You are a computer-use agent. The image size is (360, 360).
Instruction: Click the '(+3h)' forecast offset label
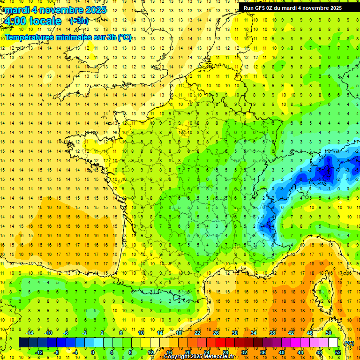click(x=78, y=21)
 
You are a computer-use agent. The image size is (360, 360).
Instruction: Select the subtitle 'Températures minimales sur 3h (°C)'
click(x=68, y=37)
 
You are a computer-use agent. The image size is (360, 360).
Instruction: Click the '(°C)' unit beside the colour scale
click(x=348, y=343)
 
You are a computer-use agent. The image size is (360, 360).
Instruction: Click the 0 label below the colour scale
click(x=92, y=352)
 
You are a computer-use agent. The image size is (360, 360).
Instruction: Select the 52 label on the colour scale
click(x=337, y=352)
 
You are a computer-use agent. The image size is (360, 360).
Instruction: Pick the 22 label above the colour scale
click(x=197, y=333)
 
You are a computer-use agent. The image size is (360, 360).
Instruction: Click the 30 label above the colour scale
click(x=235, y=333)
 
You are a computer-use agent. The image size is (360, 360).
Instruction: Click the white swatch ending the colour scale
click(x=333, y=343)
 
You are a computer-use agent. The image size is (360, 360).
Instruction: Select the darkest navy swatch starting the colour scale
click(x=23, y=343)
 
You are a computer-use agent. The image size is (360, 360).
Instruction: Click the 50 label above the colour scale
click(x=329, y=333)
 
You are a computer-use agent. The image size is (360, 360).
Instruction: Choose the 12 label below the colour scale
click(x=150, y=352)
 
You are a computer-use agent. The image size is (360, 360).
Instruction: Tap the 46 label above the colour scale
click(x=310, y=333)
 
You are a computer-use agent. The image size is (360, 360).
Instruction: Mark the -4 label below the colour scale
click(x=75, y=352)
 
